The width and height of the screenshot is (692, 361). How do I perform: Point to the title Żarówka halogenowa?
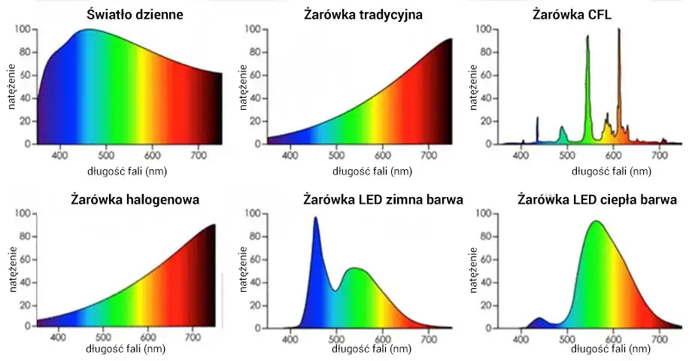[x=124, y=200]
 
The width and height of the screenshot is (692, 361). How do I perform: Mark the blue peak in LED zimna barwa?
[x=315, y=219]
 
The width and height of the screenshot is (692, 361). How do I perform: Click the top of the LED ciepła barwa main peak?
[x=596, y=222]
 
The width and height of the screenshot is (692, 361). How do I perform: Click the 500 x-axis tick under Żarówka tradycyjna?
[x=336, y=155]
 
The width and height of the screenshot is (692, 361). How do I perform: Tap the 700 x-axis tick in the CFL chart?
[x=660, y=155]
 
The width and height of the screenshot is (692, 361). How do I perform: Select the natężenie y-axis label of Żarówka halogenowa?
[x=13, y=271]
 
